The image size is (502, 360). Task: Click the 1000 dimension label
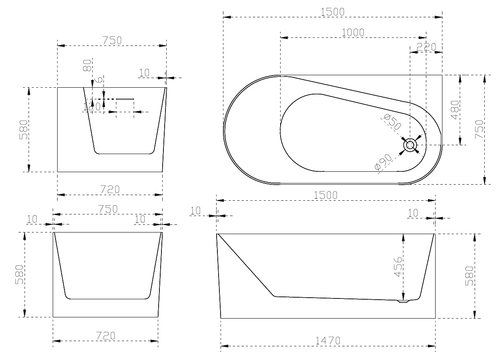(x=353, y=32)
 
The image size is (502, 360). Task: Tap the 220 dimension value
(x=426, y=47)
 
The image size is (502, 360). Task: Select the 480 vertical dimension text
(x=455, y=110)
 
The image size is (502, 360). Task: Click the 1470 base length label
(x=328, y=340)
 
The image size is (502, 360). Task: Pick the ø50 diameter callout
(x=392, y=122)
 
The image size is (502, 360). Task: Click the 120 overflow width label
(x=92, y=107)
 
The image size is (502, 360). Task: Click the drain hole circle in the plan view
(x=410, y=145)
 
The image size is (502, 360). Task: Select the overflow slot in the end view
(x=125, y=99)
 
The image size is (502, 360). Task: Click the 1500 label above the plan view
(x=333, y=12)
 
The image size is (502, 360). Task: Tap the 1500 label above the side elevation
(x=325, y=195)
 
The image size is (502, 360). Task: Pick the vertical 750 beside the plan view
(x=479, y=130)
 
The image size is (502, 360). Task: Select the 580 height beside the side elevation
(x=469, y=276)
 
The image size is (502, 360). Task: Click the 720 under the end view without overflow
(x=105, y=335)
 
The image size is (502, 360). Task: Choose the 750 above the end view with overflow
(x=112, y=40)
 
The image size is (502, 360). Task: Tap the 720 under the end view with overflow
(x=109, y=189)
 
